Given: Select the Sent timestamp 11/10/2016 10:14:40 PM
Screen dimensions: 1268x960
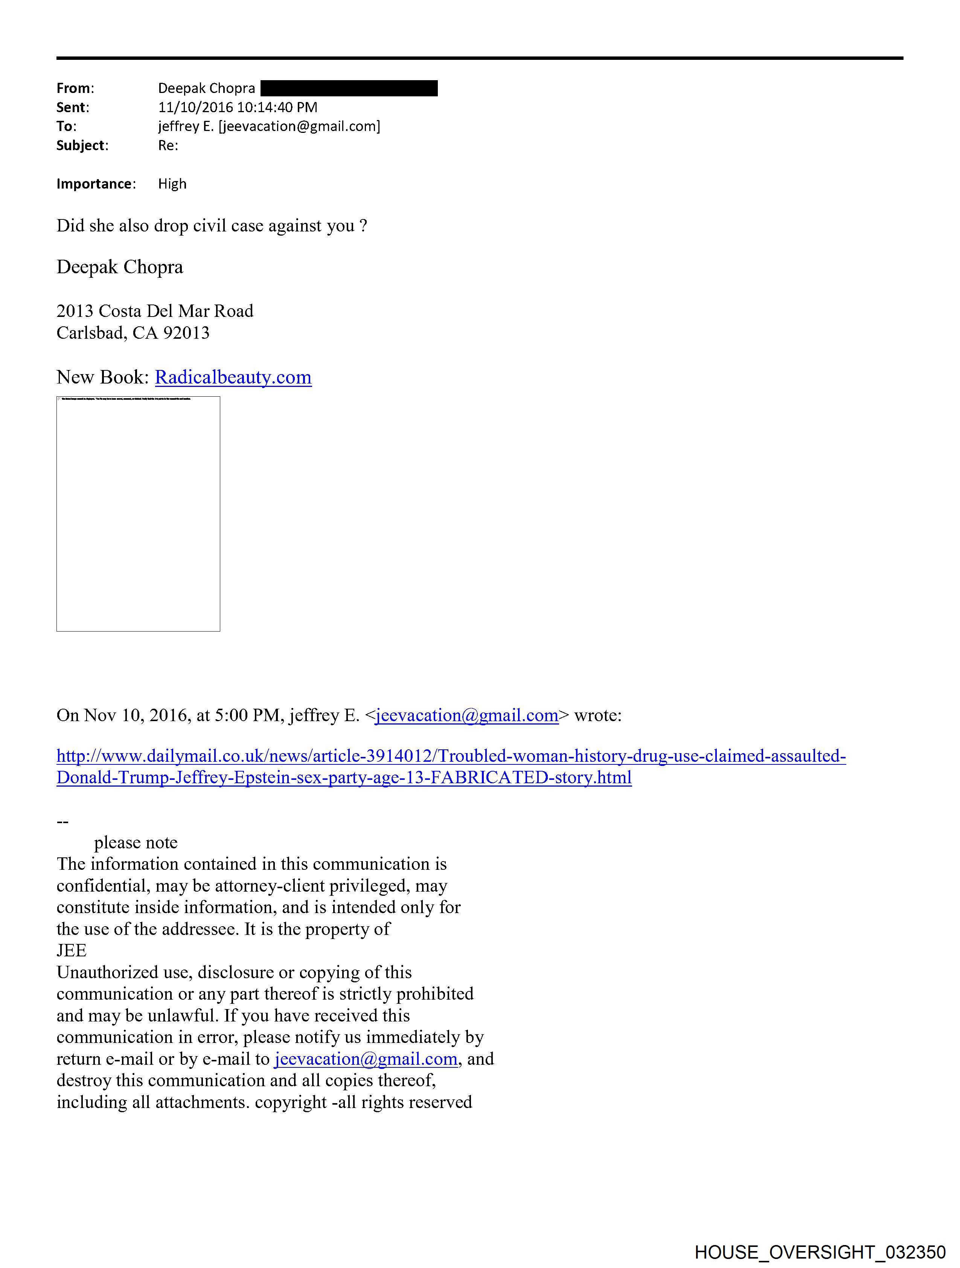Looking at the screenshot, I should click(x=238, y=107).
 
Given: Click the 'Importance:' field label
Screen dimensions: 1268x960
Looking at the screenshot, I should click(x=96, y=184).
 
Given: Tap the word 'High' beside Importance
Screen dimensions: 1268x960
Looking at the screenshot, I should click(x=172, y=184).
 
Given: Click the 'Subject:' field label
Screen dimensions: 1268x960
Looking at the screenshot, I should click(x=82, y=146).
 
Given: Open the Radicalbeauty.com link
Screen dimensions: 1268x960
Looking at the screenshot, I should click(x=233, y=377).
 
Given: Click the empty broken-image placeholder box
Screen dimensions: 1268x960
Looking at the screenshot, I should click(x=138, y=514).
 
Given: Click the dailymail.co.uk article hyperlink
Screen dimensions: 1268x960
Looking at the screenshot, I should click(x=451, y=756).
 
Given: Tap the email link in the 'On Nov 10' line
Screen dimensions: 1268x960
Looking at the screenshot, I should click(x=467, y=715).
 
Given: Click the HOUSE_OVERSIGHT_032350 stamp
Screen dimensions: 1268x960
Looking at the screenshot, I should click(x=820, y=1252).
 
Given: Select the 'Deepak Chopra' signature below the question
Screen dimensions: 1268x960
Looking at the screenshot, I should click(x=120, y=267).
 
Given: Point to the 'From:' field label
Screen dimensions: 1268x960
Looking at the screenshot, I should click(x=75, y=88).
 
